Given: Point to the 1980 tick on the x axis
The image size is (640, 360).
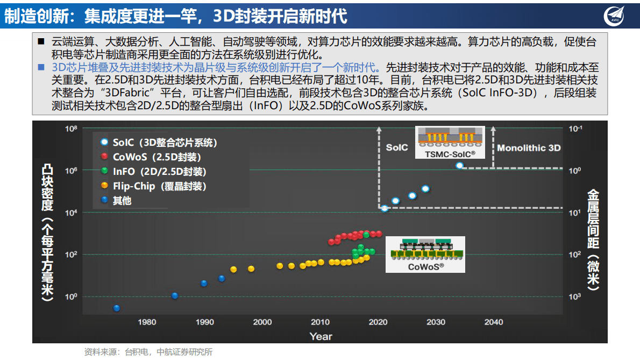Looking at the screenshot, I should point(147,322).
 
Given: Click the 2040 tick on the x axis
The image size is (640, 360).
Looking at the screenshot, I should point(493,322).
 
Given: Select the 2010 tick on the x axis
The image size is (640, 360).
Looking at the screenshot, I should point(320,322).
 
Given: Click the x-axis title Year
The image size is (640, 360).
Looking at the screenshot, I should point(321,336).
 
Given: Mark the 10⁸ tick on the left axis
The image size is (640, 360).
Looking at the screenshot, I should point(71,129).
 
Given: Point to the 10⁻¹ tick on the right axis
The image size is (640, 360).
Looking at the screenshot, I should point(575,129).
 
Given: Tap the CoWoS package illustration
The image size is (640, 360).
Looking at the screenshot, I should point(425,254).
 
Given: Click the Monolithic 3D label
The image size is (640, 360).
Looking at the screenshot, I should point(529,148).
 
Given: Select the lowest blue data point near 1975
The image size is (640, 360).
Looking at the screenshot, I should point(116,308).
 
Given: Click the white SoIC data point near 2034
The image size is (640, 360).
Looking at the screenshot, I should point(459,165).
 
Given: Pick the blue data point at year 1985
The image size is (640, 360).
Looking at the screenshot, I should point(174,295).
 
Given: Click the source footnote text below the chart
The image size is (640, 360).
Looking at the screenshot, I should point(148,352).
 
